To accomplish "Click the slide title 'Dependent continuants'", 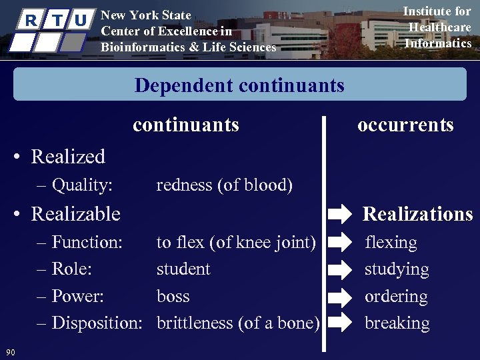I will (239, 85).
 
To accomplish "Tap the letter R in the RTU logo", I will (31, 20).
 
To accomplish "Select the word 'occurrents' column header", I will (405, 125).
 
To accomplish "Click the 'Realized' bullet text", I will (68, 157).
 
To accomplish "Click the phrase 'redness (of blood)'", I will (224, 185).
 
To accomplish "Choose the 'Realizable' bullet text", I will (75, 214).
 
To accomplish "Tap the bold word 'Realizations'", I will (417, 214).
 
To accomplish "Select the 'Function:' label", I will (87, 242).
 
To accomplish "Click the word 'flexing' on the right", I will (391, 242).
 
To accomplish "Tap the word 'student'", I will (183, 269).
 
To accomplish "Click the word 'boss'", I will (173, 296).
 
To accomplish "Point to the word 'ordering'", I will (396, 297).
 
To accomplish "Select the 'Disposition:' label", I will (97, 323).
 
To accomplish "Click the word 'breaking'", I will (397, 323).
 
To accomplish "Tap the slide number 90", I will (10, 352).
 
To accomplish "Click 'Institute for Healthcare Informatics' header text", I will (437, 27).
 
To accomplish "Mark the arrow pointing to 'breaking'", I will (340, 323).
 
